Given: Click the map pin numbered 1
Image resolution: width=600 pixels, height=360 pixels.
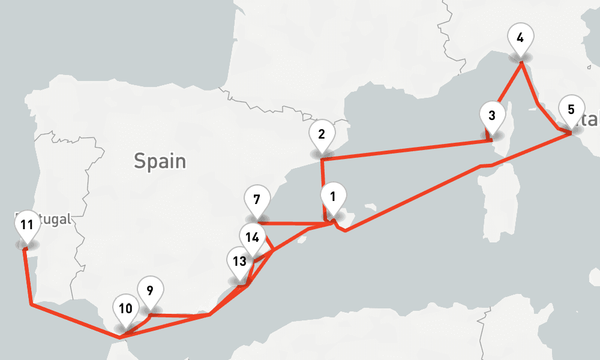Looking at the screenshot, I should pos(333,196).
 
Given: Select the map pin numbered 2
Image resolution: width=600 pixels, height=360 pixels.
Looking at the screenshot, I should pos(322,134).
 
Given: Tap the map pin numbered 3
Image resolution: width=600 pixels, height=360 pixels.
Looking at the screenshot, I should pos(492,115).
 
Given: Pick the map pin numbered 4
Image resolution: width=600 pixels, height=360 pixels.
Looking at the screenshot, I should pos(520,37).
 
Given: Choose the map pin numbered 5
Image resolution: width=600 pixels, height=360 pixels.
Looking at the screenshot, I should pos(571,109).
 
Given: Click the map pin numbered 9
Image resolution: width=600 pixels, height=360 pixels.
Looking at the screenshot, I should pos(149,291).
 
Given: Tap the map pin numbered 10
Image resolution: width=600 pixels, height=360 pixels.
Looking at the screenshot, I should pos(125,310).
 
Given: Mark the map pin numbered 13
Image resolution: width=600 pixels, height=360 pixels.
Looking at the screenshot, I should pos(239,262).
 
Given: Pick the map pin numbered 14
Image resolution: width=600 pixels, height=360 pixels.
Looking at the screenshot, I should pos(253,237).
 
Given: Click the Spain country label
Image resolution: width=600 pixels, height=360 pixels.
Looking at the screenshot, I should pos(160,161).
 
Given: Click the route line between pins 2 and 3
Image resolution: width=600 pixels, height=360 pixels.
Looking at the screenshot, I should pos(408,150).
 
